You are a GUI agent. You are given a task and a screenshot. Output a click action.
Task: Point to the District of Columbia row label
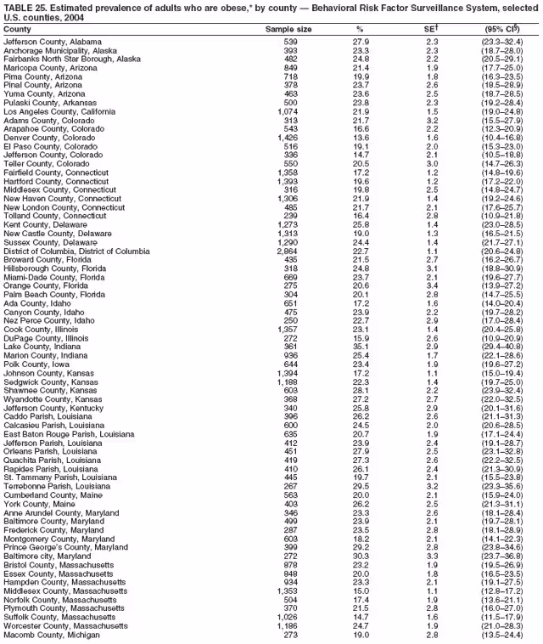coord(76,251)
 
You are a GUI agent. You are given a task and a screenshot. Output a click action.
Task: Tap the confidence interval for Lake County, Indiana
coord(507,347)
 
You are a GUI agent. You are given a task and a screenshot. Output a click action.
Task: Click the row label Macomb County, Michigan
coord(51,634)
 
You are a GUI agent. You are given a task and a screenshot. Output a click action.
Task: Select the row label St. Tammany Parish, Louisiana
coord(59,477)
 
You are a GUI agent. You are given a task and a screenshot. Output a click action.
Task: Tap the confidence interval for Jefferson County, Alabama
coord(507,42)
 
